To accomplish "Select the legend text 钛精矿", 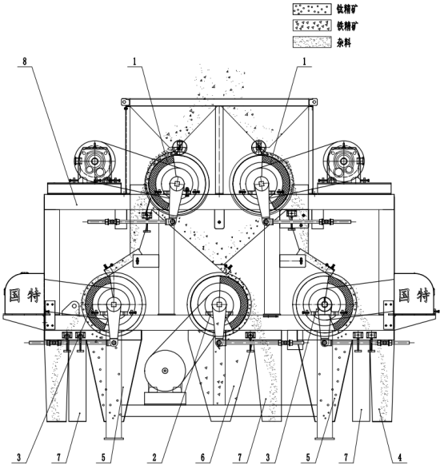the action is (x=347, y=10).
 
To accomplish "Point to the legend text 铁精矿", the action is (x=347, y=26).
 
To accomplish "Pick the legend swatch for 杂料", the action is (x=312, y=42).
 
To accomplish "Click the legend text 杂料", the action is (x=344, y=42).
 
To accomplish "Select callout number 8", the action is (x=25, y=62).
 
